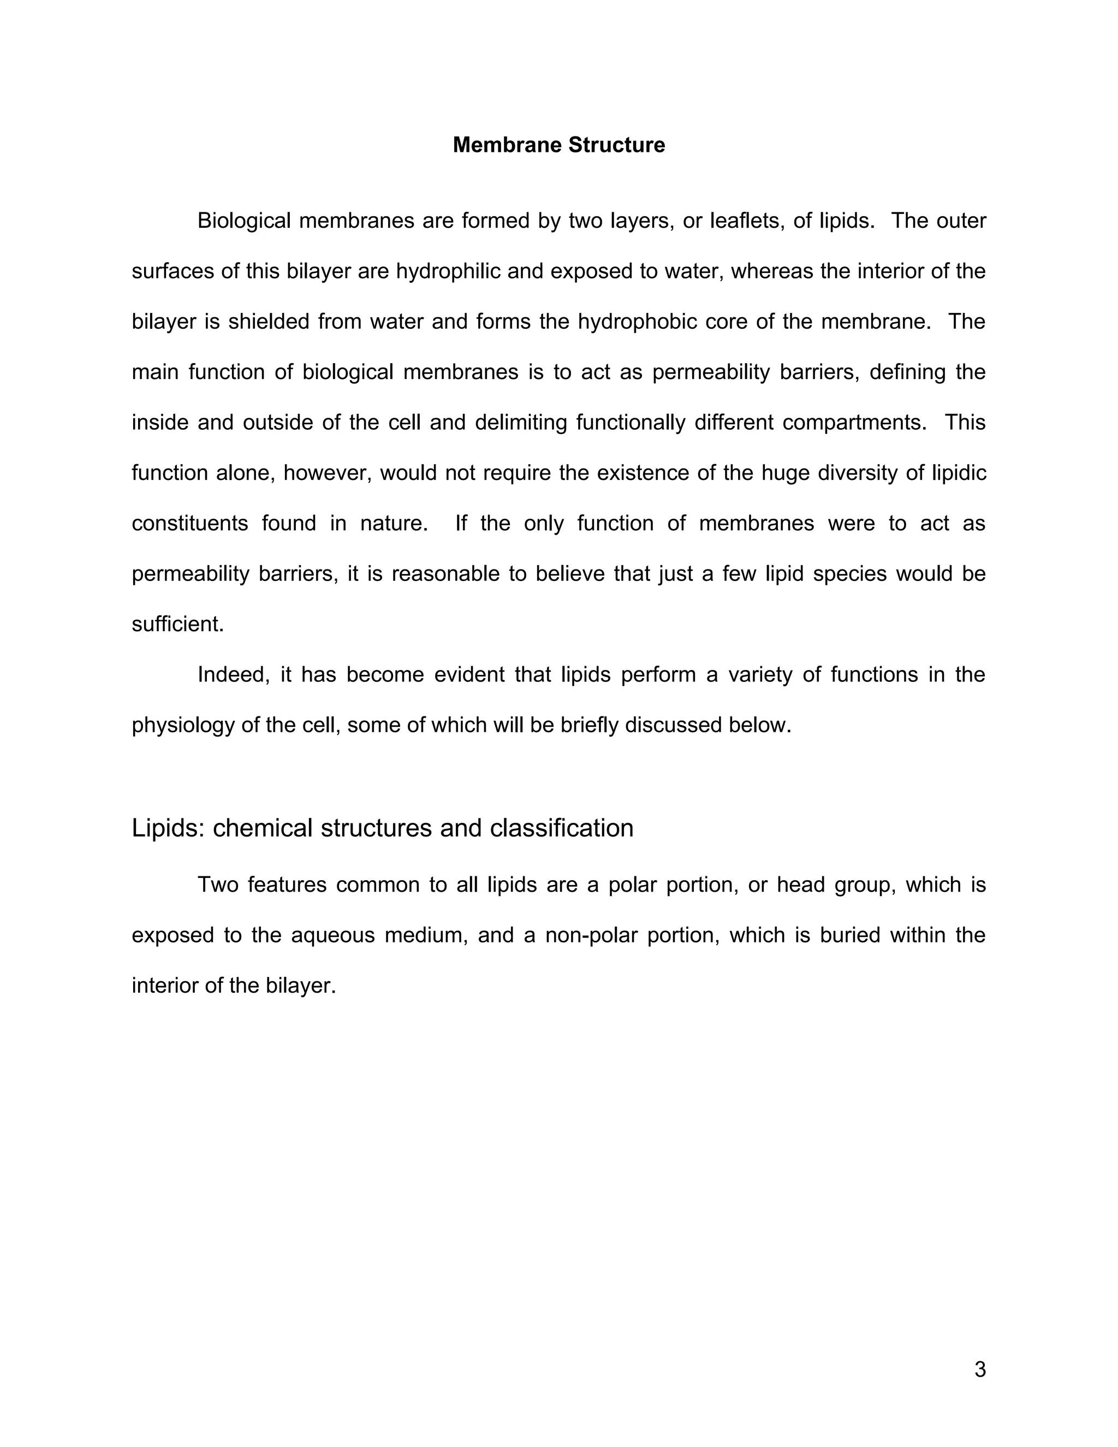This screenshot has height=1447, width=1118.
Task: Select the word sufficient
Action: click(178, 624)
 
